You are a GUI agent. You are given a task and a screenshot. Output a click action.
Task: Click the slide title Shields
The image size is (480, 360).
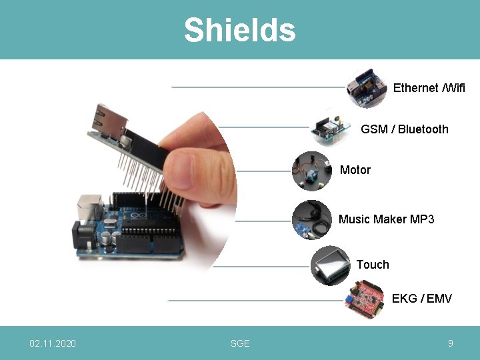pos(239,30)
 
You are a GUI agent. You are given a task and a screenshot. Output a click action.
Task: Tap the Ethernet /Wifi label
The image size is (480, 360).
pos(429,88)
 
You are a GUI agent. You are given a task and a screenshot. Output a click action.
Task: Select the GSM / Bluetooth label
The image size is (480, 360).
pos(404,129)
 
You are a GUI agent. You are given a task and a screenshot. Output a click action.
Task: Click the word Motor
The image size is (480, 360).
pos(355,170)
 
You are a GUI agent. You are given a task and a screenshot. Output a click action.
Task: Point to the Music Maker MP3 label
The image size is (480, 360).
pos(386,219)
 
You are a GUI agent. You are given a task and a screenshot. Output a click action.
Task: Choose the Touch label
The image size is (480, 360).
pos(372,265)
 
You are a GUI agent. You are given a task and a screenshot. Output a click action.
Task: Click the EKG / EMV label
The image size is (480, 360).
pos(421,299)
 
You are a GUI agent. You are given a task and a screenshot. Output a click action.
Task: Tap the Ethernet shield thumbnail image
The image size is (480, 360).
pos(367,87)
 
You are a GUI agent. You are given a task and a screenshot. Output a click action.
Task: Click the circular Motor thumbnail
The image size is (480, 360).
pos(311,171)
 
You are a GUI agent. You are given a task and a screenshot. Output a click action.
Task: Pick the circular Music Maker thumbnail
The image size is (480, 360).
pos(311,219)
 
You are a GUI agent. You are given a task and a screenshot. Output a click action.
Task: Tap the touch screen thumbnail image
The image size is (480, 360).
pos(331,265)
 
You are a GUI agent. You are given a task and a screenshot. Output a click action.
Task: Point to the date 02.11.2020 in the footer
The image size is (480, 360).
pos(53,343)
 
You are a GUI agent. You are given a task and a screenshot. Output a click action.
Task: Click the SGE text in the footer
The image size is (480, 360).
pos(240,343)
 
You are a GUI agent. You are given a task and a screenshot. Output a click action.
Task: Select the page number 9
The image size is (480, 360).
pos(451,343)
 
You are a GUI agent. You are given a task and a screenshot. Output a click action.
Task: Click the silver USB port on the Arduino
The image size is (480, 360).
pos(89,207)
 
